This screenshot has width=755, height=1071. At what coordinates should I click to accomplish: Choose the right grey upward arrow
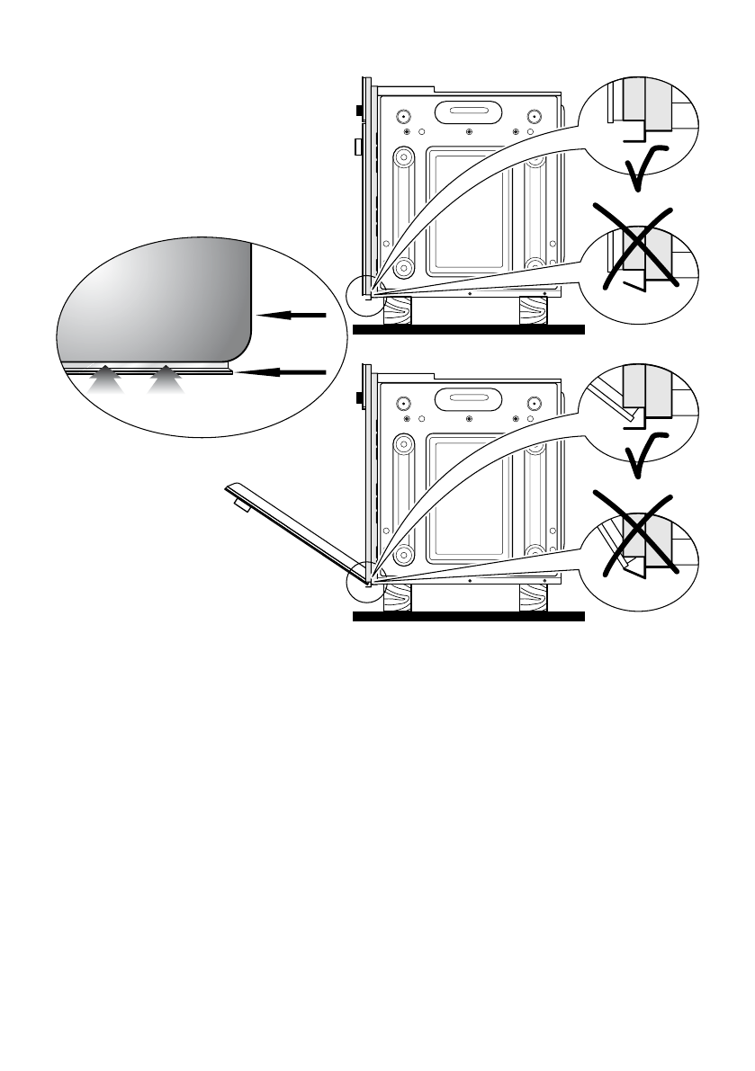166,380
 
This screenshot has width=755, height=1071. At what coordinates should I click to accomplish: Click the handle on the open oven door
242,506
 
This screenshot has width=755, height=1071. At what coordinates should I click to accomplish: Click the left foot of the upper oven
399,311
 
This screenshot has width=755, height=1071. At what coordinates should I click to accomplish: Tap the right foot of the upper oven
532,311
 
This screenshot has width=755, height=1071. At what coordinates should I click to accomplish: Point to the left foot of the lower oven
399,599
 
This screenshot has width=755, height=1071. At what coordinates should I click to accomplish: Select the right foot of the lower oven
532,599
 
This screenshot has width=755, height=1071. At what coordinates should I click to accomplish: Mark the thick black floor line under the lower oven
468,618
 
